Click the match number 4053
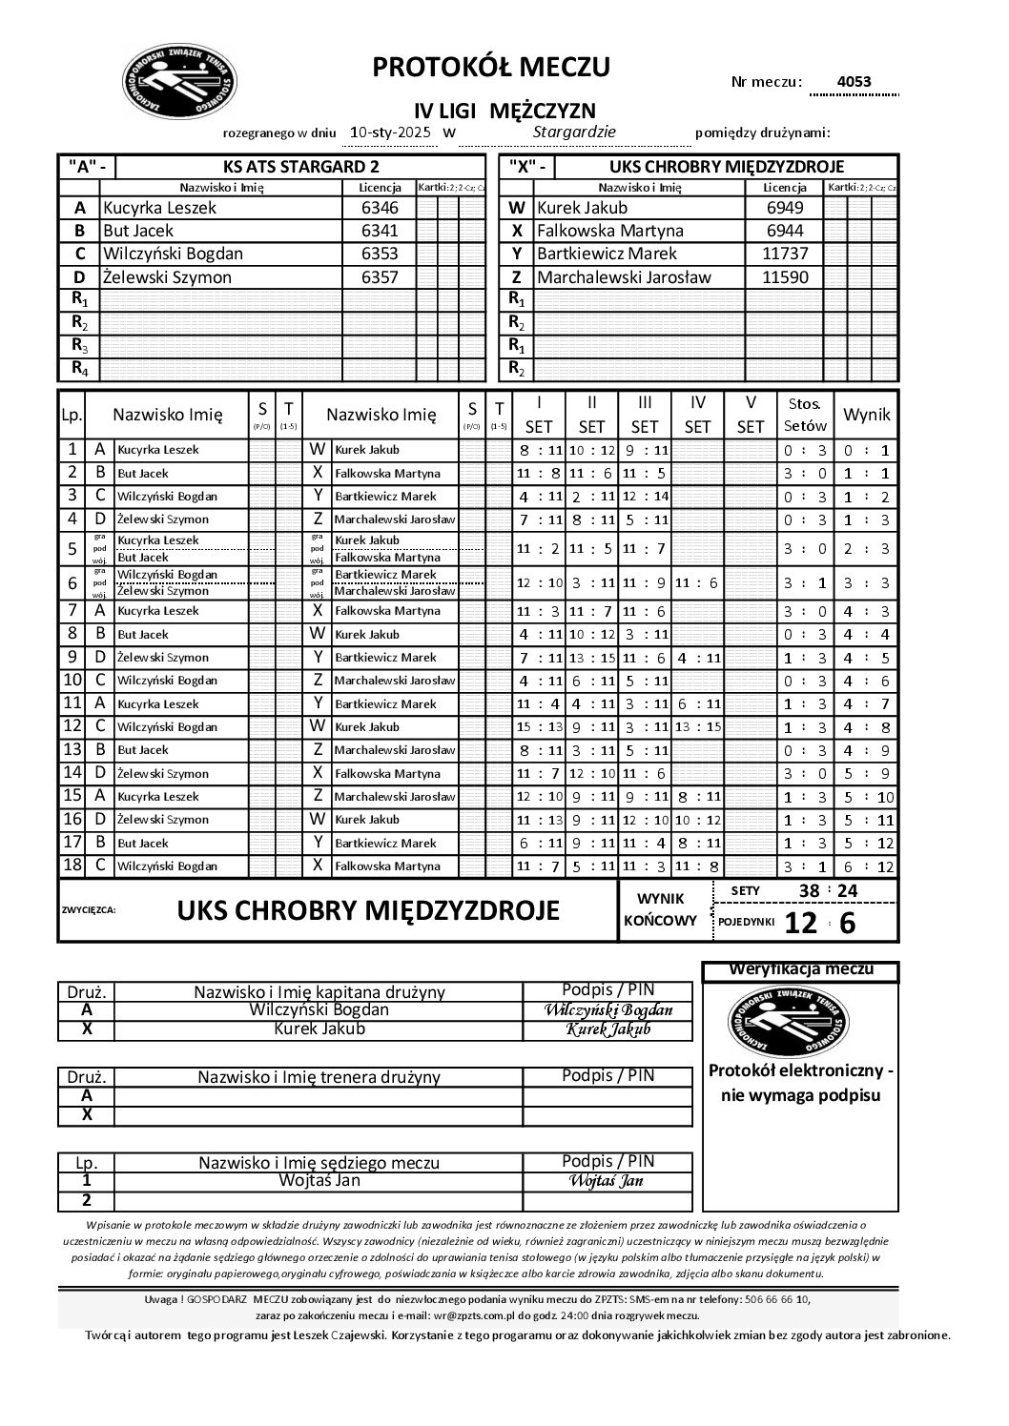pos(854,82)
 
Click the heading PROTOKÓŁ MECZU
pos(491,67)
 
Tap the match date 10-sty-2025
pos(391,132)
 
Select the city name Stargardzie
pos(574,132)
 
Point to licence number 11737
pos(785,254)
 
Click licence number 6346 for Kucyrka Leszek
pos(380,208)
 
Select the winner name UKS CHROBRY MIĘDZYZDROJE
pos(368,910)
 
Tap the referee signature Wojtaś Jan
pos(607,1181)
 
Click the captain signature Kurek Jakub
pos(607,1029)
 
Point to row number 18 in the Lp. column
pos(72,866)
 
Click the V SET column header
pos(751,415)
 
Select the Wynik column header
pos(867,414)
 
